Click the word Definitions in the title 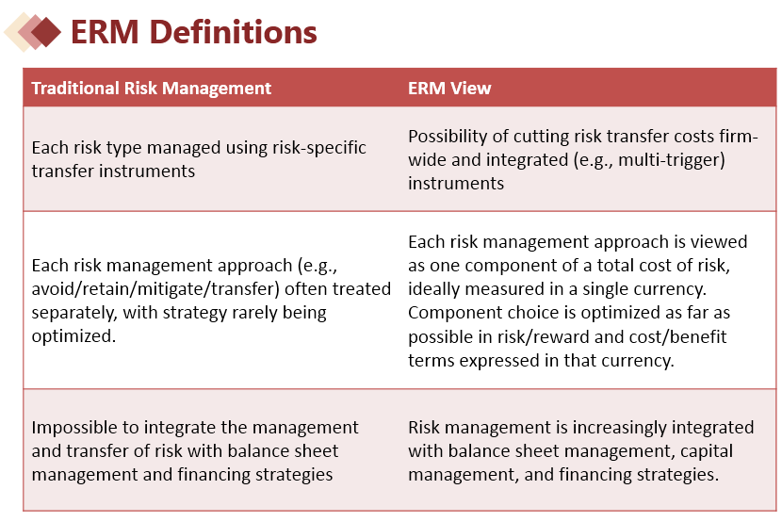233,32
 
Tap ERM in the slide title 105,32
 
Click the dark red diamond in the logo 46,32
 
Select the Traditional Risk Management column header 151,89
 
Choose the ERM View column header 449,89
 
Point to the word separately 74,313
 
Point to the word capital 707,451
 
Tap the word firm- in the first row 739,136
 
